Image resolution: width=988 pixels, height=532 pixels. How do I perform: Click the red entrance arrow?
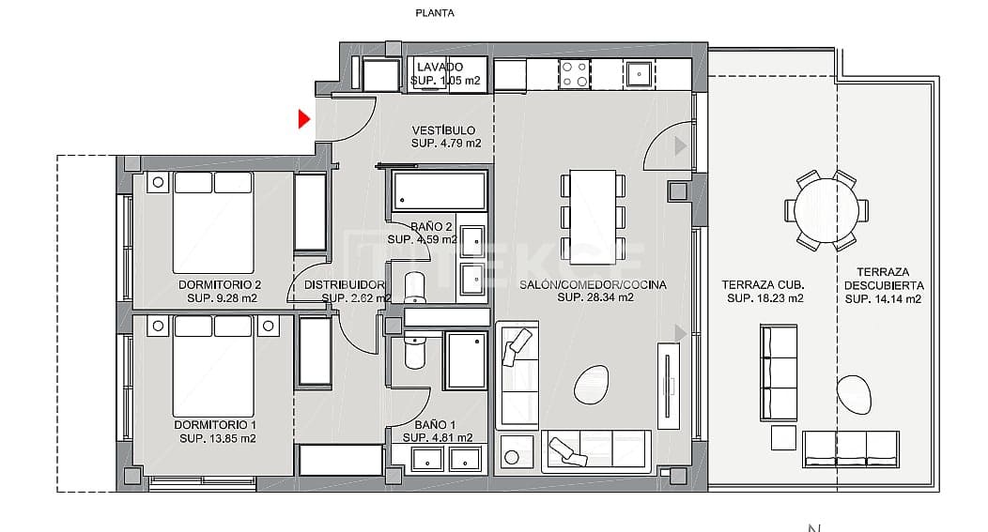tap(303, 119)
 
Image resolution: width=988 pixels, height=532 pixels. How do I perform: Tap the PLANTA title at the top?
tap(435, 13)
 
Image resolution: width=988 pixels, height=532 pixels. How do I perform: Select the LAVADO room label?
tap(440, 68)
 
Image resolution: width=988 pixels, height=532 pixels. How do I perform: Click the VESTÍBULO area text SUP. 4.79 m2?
tap(446, 144)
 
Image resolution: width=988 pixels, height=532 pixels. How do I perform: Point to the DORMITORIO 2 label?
tap(219, 284)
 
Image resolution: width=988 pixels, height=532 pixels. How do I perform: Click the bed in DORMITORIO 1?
tap(215, 366)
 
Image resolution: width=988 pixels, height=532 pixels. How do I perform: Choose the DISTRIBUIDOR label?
tap(344, 284)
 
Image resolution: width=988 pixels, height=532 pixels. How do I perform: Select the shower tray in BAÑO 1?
tap(465, 359)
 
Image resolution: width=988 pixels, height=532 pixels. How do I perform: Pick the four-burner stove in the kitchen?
tap(574, 74)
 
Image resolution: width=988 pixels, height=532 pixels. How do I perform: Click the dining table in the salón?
tap(593, 215)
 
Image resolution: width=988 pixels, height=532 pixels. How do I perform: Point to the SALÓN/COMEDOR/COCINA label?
tap(594, 284)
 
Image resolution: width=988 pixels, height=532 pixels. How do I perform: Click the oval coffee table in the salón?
tap(591, 385)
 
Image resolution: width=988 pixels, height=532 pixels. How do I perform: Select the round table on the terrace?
tap(826, 211)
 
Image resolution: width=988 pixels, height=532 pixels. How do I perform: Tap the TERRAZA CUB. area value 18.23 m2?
tap(765, 299)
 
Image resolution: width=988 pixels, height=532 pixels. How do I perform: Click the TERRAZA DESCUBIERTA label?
tap(883, 279)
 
